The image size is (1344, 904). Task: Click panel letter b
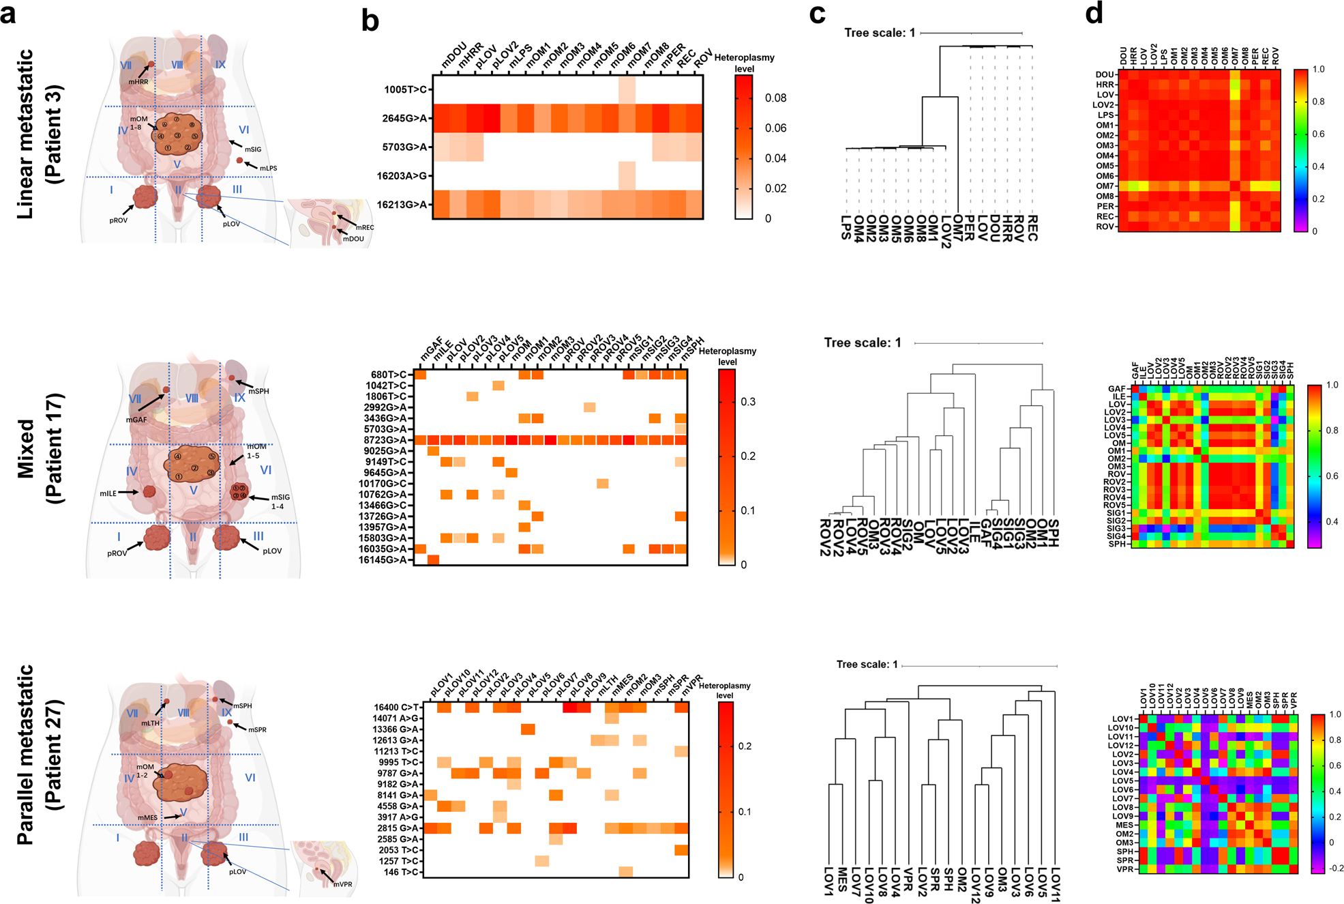pyautogui.click(x=370, y=22)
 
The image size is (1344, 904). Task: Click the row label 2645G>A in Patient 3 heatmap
pyautogui.click(x=404, y=119)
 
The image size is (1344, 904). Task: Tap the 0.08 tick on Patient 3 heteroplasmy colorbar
pyautogui.click(x=775, y=98)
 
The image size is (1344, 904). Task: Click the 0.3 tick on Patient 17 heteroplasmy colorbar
pyautogui.click(x=748, y=402)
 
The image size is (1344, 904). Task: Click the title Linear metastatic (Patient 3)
pyautogui.click(x=39, y=134)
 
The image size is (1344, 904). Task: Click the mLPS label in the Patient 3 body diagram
pyautogui.click(x=268, y=168)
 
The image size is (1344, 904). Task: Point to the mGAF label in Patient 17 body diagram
pyautogui.click(x=136, y=420)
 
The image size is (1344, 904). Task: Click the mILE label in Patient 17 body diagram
pyautogui.click(x=108, y=493)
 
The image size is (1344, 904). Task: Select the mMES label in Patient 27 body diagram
pyautogui.click(x=147, y=817)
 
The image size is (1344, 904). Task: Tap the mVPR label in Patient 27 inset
pyautogui.click(x=343, y=884)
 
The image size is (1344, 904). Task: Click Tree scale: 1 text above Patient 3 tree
pyautogui.click(x=879, y=33)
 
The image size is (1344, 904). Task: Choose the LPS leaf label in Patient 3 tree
pyautogui.click(x=846, y=228)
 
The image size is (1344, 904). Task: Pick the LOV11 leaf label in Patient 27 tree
pyautogui.click(x=1055, y=885)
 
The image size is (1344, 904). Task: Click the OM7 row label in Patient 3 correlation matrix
pyautogui.click(x=1104, y=186)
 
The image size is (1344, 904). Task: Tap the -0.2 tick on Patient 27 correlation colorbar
pyautogui.click(x=1336, y=868)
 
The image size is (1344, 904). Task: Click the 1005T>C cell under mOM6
pyautogui.click(x=627, y=89)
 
